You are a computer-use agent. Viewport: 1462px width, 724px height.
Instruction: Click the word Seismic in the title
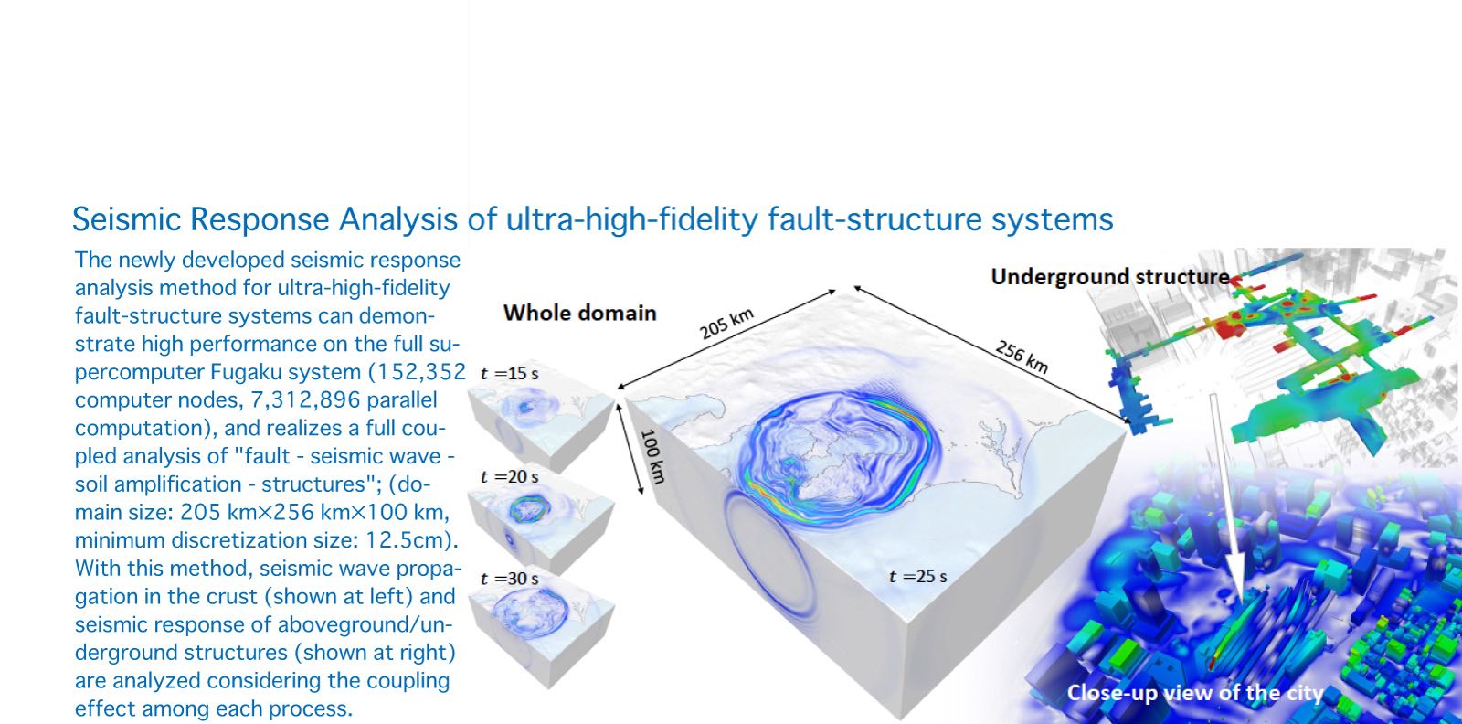point(126,219)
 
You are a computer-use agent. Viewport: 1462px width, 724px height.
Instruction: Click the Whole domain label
point(579,314)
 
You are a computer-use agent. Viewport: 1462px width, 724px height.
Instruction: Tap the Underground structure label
point(1109,277)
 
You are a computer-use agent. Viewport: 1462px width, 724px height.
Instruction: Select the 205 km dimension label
point(726,324)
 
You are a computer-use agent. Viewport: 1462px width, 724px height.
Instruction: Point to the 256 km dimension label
point(1022,357)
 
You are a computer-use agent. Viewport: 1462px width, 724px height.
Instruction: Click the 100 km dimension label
point(652,456)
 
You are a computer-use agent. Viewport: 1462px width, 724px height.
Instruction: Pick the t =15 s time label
point(509,373)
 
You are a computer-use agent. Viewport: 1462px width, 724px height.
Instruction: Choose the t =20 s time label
point(509,476)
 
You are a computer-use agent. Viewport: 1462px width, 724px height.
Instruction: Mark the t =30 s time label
point(509,579)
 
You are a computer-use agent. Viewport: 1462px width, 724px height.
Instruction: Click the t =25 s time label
point(917,577)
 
